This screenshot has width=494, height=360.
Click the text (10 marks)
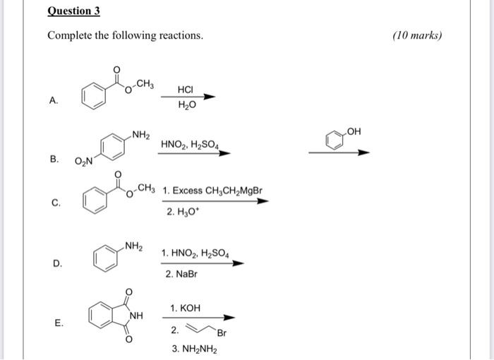point(416,35)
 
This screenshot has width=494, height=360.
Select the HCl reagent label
point(186,91)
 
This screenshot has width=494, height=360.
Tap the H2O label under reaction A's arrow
point(185,106)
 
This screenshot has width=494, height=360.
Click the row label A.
point(54,100)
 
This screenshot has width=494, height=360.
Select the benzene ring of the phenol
point(335,143)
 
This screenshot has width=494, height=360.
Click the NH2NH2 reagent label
point(194,349)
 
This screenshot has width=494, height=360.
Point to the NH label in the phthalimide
point(135,315)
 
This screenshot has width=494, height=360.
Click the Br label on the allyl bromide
point(222,333)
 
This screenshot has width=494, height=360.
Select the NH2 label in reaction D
point(134,246)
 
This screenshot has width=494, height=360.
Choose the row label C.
point(56,203)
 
